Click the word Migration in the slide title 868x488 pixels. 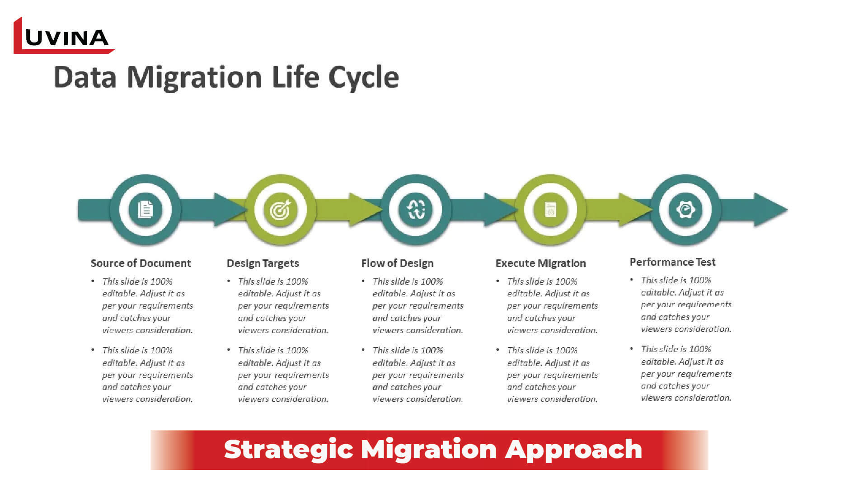pos(194,77)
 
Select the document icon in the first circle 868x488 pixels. pos(145,210)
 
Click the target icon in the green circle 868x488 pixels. pos(281,210)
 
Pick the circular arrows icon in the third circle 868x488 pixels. pos(416,210)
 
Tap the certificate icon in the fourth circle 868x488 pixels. pos(550,210)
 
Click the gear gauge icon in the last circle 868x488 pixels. pos(685,210)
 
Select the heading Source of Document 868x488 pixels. pos(141,263)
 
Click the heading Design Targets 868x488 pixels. pos(263,263)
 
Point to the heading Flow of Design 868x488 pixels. pos(397,263)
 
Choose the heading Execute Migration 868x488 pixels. pos(540,263)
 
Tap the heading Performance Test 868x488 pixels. pos(672,262)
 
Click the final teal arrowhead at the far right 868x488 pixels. pos(770,210)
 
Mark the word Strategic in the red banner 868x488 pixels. pos(288,450)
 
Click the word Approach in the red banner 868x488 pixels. pos(573,450)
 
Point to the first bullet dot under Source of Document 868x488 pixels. pos(93,281)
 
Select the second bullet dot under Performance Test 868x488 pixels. pos(632,349)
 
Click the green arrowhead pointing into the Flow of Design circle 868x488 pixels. pos(365,210)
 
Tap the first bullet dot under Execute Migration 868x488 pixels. pos(498,281)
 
